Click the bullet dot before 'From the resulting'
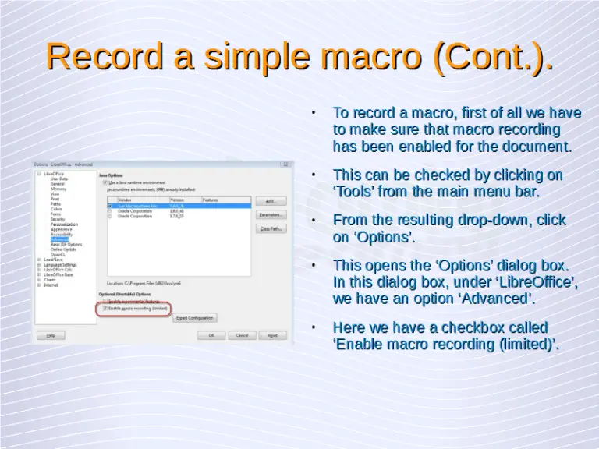coord(313,221)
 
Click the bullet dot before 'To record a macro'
coord(313,113)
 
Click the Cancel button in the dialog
coord(242,335)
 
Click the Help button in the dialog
coord(51,335)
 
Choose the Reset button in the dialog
coord(272,335)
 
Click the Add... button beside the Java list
coord(271,200)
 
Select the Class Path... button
coord(271,228)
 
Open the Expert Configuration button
coord(194,318)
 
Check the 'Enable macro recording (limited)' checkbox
coord(105,309)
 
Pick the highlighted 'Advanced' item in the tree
coord(60,239)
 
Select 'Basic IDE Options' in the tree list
coord(66,244)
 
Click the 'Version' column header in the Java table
coord(177,200)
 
